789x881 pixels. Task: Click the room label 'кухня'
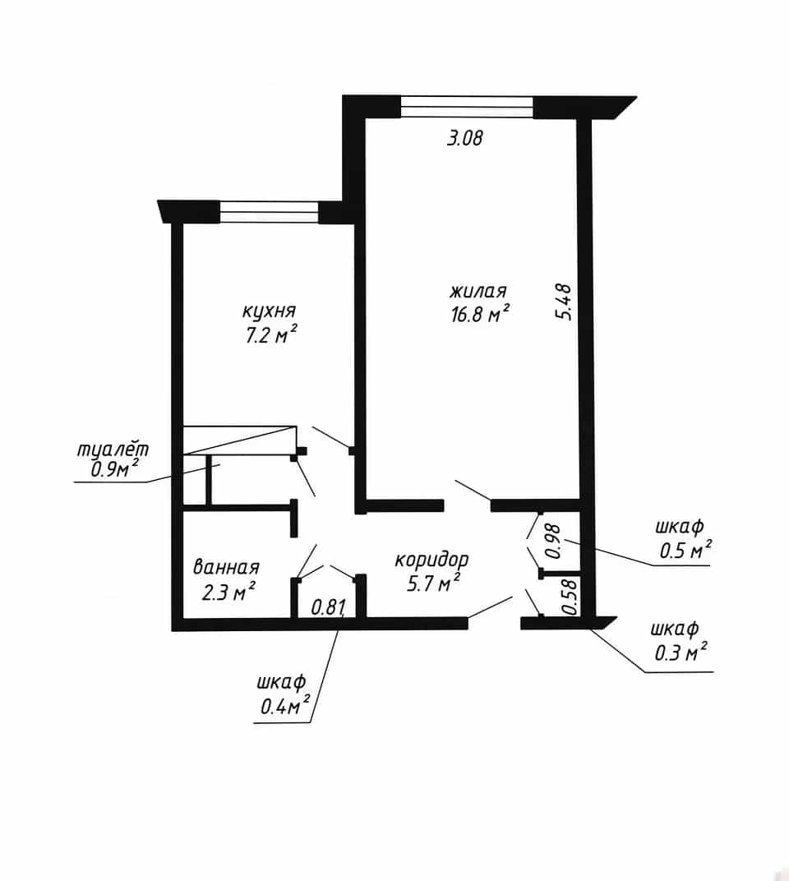(269, 311)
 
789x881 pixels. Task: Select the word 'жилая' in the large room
(478, 291)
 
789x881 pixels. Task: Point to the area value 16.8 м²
(480, 313)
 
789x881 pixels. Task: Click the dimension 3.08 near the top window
(464, 138)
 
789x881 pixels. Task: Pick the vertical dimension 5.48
(564, 302)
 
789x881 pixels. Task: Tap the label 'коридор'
(431, 560)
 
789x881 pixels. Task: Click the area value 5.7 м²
(433, 583)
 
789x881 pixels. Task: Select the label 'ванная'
(226, 567)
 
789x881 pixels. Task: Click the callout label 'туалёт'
(113, 450)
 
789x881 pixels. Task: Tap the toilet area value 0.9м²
(114, 469)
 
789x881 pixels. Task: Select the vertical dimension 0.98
(554, 541)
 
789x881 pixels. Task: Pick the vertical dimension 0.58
(570, 597)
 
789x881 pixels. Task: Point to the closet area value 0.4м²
(285, 704)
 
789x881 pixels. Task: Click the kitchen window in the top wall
(269, 213)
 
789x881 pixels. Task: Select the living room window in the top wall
(467, 107)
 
